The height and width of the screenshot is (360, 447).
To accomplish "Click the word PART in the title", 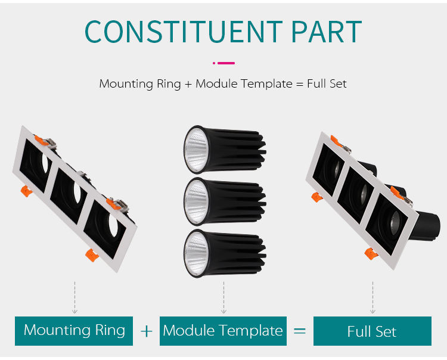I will click(x=326, y=31).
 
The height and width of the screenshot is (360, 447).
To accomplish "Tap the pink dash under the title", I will click(x=224, y=63).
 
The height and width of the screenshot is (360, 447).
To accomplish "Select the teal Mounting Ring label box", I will click(x=74, y=330).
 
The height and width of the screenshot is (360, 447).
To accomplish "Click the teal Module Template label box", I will click(x=223, y=331).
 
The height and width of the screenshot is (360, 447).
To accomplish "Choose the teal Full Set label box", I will click(x=372, y=331).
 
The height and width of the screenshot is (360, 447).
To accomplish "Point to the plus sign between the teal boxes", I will click(x=147, y=331).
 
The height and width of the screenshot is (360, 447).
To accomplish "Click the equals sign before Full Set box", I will click(x=300, y=331).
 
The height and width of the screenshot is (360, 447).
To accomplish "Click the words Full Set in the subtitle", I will click(x=327, y=83).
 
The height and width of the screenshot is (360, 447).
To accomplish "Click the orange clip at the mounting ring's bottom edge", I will click(x=91, y=255).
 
